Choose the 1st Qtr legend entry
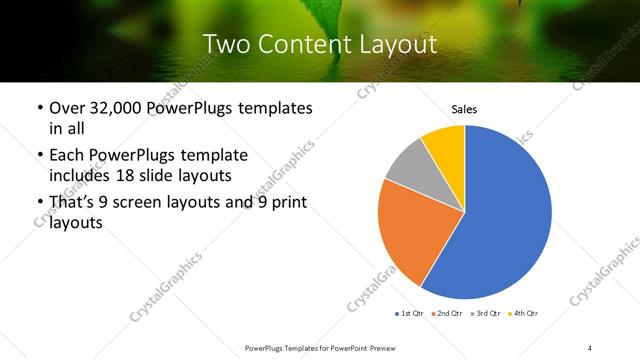pyautogui.click(x=410, y=315)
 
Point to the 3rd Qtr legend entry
pyautogui.click(x=486, y=315)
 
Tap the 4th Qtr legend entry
pyautogui.click(x=524, y=315)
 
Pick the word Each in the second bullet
pyautogui.click(x=67, y=155)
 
